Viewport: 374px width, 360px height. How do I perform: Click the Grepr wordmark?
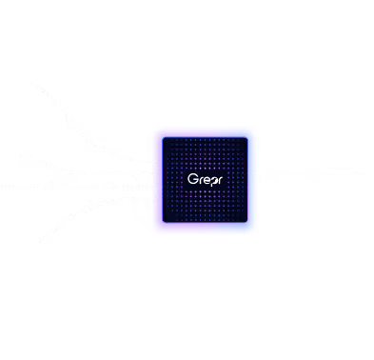[x=205, y=180]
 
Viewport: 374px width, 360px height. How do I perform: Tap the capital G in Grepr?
[x=192, y=179]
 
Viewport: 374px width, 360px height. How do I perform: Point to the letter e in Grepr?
[x=207, y=180]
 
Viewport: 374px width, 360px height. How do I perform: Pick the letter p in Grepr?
[x=213, y=181]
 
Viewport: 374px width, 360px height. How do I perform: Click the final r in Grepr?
[x=220, y=180]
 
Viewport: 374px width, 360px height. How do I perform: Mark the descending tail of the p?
[x=211, y=185]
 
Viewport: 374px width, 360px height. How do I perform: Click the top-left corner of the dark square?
[x=163, y=138]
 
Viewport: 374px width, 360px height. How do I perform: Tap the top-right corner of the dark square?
[x=247, y=138]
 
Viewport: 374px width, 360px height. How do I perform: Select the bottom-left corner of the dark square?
[x=163, y=222]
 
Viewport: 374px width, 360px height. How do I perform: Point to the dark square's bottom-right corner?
[x=247, y=222]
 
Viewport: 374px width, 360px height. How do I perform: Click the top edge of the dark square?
[x=205, y=138]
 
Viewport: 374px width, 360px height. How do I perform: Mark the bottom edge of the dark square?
[x=205, y=222]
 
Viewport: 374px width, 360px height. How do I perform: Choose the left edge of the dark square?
[x=163, y=180]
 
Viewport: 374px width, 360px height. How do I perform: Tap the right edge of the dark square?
[x=247, y=180]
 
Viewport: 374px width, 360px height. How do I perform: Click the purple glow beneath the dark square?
[x=205, y=226]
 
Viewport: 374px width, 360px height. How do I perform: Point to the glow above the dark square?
[x=205, y=134]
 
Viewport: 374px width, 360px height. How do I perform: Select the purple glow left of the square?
[x=160, y=180]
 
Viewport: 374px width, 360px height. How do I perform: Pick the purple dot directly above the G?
[x=191, y=169]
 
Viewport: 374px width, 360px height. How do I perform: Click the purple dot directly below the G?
[x=191, y=191]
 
